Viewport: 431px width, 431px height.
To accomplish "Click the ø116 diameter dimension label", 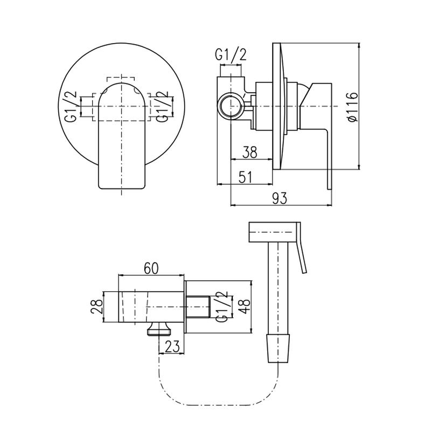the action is point(353,106).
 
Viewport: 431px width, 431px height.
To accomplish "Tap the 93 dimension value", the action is point(279,198).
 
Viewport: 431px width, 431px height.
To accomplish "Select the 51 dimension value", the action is point(245,177).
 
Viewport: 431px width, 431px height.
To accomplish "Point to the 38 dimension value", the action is point(249,152).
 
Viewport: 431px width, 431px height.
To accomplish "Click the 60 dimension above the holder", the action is point(151,268).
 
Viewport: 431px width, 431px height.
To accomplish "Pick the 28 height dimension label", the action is point(97,307).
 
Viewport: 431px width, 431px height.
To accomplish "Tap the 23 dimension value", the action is point(172,346).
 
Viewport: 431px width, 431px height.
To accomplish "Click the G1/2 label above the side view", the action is point(231,54).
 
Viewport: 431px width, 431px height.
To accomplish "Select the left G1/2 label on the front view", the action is point(71,106).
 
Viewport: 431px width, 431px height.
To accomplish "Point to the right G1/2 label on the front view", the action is point(162,106).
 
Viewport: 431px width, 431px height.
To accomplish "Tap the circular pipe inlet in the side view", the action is point(231,106).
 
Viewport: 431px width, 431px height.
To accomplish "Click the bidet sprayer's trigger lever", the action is point(302,248).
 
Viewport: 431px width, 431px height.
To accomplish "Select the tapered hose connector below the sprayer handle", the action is point(279,348).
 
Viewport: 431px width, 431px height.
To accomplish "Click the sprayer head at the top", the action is point(273,232).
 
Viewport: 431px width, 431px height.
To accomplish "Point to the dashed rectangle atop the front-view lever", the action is point(121,79).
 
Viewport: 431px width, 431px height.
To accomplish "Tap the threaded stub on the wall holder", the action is point(198,307).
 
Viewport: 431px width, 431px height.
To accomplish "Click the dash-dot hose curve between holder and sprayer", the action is point(219,405).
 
